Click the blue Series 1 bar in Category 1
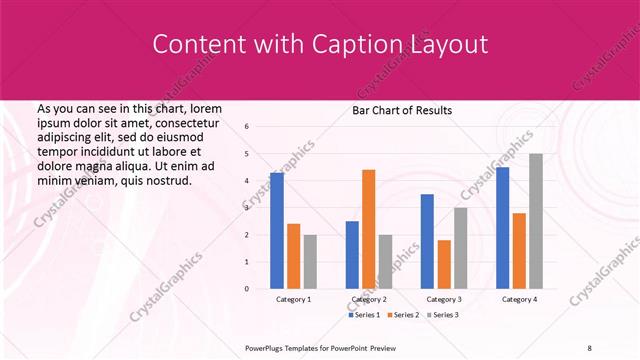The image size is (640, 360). (277, 231)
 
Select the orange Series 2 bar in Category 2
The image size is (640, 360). (368, 229)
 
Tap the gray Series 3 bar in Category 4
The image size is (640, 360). (536, 221)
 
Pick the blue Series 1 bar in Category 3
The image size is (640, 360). (427, 241)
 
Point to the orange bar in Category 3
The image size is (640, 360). (444, 264)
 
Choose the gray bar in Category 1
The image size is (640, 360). (311, 262)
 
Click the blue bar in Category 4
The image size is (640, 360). (502, 228)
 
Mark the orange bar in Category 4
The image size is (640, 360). (519, 251)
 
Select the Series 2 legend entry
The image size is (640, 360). (405, 315)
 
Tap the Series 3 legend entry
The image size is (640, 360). (443, 315)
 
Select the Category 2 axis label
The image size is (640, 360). (368, 299)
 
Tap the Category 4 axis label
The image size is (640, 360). (519, 299)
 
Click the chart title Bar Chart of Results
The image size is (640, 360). (402, 110)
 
